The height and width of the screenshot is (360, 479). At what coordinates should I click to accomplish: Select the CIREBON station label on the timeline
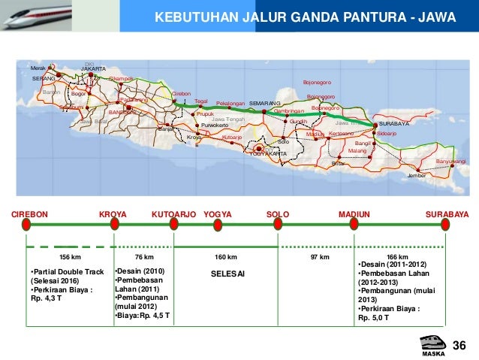click(x=29, y=214)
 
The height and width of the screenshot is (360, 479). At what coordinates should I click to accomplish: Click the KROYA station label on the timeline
click(x=113, y=214)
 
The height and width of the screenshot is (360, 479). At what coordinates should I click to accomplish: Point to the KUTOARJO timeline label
click(x=173, y=214)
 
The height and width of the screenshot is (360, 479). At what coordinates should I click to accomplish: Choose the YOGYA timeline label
click(x=218, y=214)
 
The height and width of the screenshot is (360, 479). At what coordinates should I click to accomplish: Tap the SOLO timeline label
click(x=278, y=214)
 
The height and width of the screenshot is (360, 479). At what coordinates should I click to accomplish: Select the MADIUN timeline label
click(x=354, y=214)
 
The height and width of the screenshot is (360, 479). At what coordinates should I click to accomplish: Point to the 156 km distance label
click(x=70, y=257)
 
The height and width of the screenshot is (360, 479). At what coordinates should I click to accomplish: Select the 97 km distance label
click(x=321, y=257)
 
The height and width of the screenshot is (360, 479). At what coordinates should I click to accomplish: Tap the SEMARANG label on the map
click(x=264, y=101)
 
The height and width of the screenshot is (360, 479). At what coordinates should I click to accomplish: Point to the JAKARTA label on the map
click(x=93, y=68)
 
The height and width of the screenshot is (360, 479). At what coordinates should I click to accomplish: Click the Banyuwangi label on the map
click(x=450, y=162)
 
